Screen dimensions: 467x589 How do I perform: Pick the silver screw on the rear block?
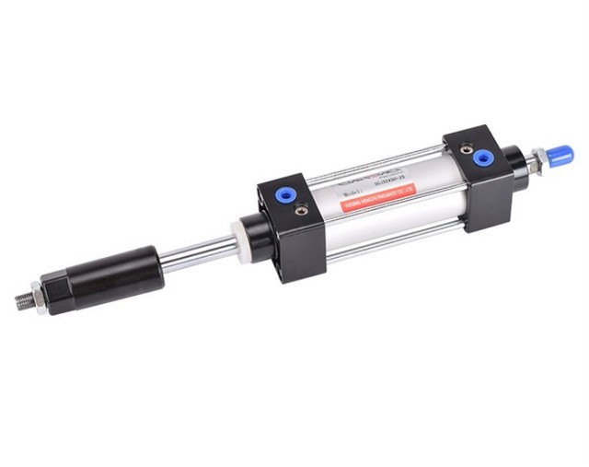468,146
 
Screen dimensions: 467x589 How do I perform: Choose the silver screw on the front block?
302,209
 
